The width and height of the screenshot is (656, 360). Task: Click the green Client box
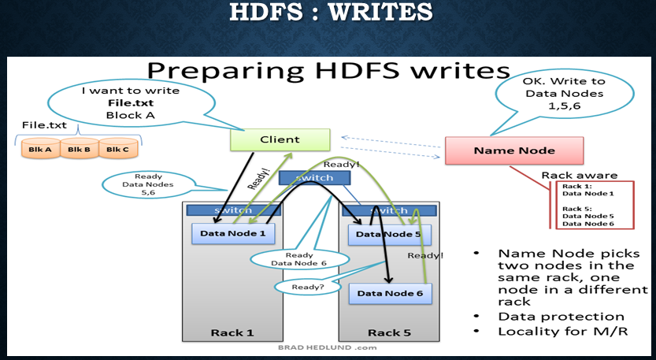tap(280, 140)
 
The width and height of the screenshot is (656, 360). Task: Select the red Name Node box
tap(513, 150)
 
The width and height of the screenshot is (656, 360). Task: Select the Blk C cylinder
tap(119, 148)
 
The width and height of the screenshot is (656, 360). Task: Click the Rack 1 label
tap(232, 332)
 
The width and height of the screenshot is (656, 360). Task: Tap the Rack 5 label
tap(388, 332)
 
